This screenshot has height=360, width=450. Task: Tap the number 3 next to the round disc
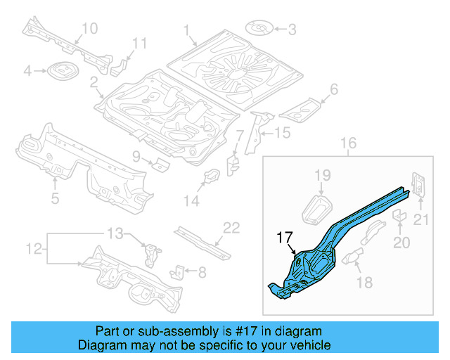292,29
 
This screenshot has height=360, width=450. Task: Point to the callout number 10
89,28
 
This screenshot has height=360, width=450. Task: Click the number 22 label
231,227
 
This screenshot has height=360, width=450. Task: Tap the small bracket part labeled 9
161,165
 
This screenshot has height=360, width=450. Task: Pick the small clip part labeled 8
179,270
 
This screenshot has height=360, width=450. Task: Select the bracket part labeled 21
417,185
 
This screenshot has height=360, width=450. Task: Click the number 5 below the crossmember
56,198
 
